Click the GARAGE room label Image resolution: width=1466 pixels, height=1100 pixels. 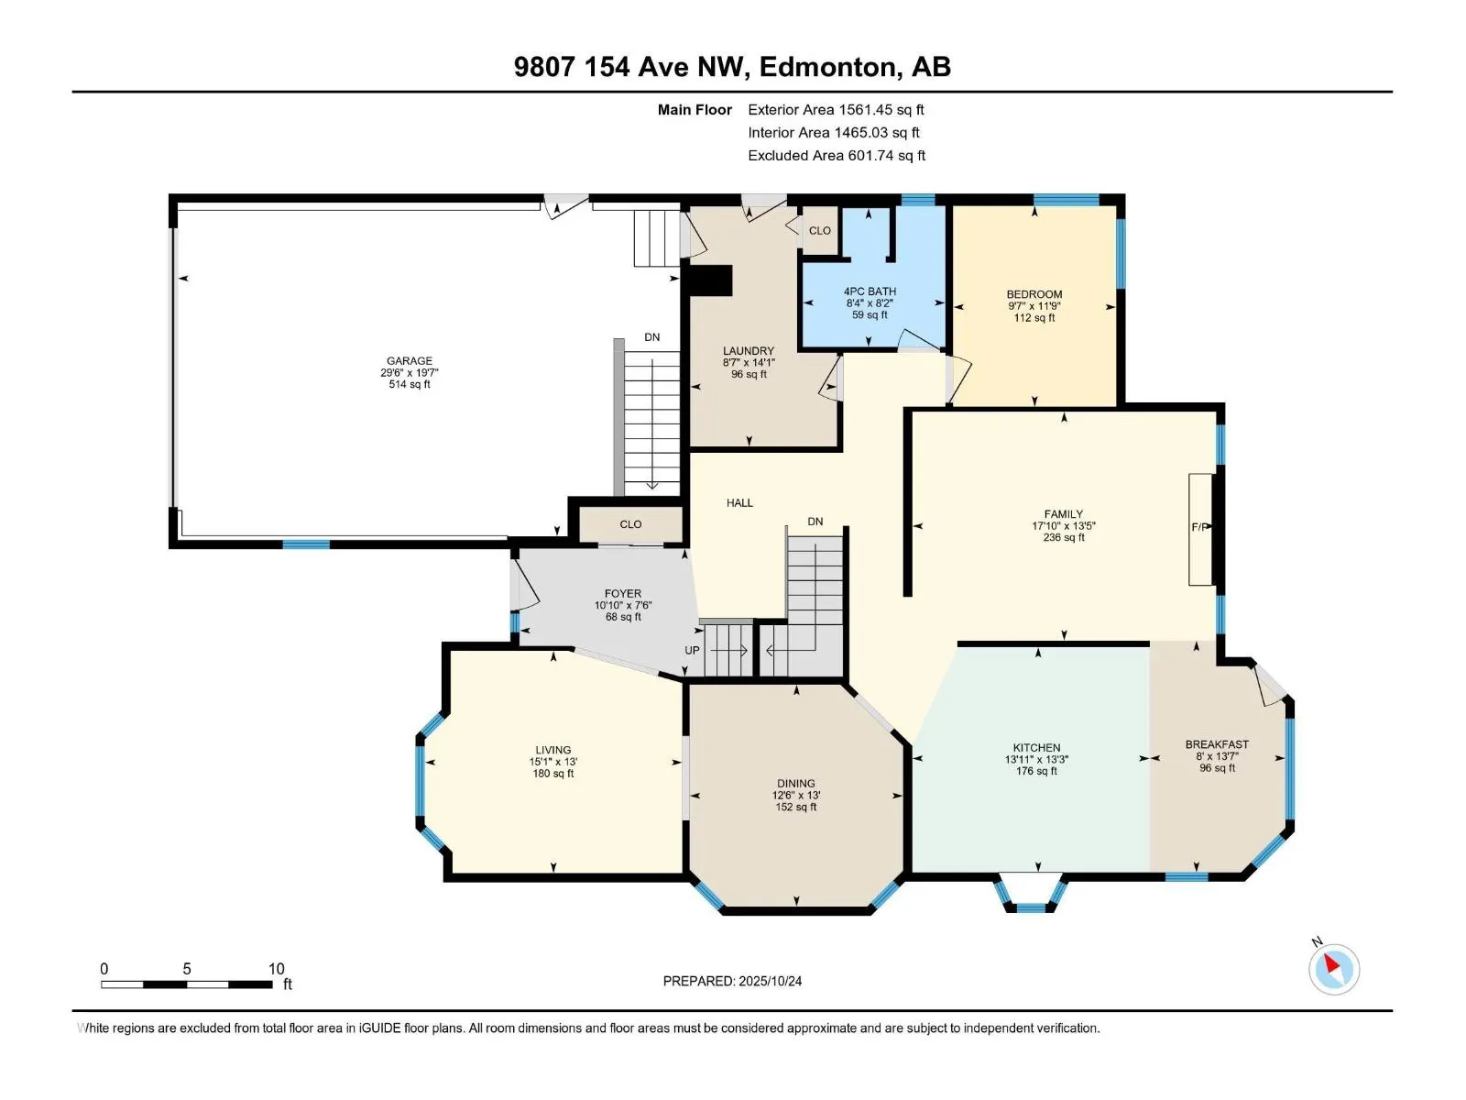(x=409, y=361)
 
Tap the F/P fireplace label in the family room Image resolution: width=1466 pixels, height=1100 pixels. (x=1199, y=527)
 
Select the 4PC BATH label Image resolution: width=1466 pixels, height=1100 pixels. (x=870, y=291)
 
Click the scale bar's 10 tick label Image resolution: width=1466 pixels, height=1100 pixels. (x=276, y=969)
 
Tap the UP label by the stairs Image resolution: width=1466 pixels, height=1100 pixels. (x=692, y=650)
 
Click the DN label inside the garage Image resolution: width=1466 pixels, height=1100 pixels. (x=651, y=337)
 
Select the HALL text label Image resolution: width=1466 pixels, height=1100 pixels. (x=739, y=502)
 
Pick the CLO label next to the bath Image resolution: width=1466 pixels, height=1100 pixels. (x=819, y=231)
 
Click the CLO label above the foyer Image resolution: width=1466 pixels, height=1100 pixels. (x=630, y=524)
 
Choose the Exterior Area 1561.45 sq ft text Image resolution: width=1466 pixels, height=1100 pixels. (x=836, y=110)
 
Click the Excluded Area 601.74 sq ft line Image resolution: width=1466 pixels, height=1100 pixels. (x=836, y=156)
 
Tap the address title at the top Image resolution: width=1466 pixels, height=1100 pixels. (x=732, y=67)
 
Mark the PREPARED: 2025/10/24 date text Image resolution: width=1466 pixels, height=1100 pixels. (x=732, y=981)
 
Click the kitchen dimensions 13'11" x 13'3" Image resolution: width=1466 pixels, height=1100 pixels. (x=1036, y=759)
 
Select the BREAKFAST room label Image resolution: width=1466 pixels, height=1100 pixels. (x=1217, y=744)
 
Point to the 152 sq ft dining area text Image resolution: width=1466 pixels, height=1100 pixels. (x=795, y=807)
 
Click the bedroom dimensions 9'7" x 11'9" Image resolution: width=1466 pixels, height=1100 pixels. (x=1034, y=306)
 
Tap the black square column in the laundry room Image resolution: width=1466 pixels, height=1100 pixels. (x=710, y=280)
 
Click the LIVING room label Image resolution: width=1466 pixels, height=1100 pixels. (x=552, y=750)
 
